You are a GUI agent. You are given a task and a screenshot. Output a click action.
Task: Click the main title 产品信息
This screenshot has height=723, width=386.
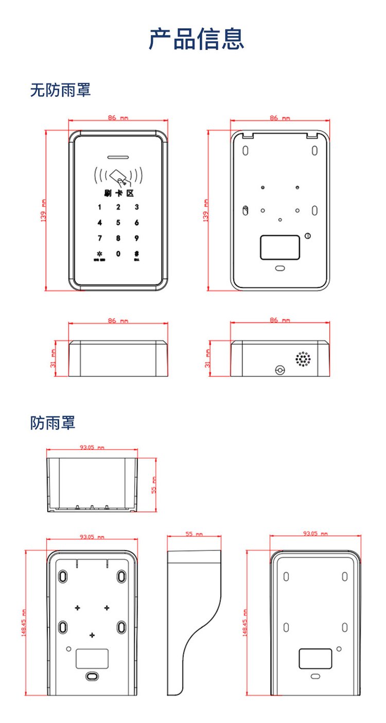click(196, 39)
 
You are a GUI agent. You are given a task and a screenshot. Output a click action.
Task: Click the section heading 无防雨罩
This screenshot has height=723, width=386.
click(60, 90)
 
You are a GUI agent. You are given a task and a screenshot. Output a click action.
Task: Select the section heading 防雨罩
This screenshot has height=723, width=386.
click(52, 423)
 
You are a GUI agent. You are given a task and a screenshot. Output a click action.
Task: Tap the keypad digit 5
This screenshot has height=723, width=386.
click(118, 223)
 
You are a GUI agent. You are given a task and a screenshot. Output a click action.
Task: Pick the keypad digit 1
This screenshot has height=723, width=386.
click(100, 208)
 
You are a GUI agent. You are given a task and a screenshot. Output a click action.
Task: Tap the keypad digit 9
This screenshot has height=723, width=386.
click(137, 238)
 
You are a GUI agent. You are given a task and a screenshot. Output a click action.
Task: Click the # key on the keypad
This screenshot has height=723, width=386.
click(137, 254)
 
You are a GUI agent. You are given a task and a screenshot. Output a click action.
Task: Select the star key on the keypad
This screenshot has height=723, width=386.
click(99, 254)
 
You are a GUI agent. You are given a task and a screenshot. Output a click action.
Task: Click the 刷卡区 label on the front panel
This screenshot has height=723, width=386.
click(118, 193)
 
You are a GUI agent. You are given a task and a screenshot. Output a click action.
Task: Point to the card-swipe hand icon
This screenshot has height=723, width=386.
click(119, 177)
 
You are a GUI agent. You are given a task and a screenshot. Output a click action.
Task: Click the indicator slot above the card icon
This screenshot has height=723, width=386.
click(118, 158)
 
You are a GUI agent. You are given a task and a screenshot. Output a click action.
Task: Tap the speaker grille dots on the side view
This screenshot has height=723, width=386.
click(303, 359)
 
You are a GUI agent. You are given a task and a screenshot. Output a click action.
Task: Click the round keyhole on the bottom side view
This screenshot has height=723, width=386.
click(279, 370)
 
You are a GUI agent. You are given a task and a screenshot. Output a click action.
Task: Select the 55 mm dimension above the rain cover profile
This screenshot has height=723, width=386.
click(194, 534)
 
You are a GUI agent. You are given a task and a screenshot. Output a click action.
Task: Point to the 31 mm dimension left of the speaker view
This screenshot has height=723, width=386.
click(207, 358)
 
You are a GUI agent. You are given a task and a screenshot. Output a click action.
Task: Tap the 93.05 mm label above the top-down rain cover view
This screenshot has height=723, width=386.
click(92, 447)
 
